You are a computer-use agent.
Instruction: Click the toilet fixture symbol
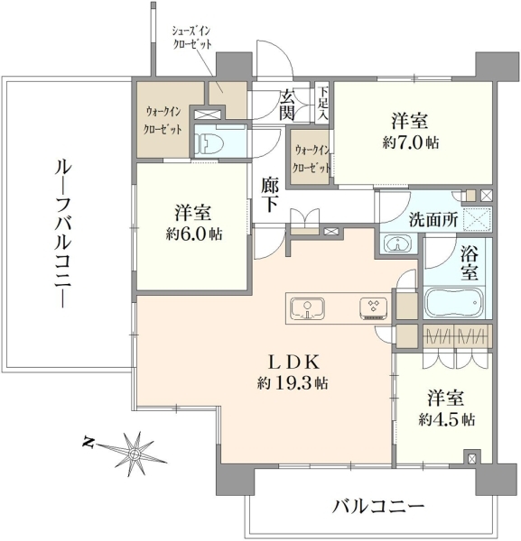pyautogui.click(x=206, y=142)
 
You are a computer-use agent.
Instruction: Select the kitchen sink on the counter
pyautogui.click(x=308, y=308)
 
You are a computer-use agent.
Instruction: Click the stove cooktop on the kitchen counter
pyautogui.click(x=374, y=307)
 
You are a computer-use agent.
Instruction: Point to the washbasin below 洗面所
pyautogui.click(x=398, y=244)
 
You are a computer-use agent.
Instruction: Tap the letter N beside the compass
pyautogui.click(x=89, y=442)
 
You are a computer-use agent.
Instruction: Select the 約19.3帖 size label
pyautogui.click(x=293, y=383)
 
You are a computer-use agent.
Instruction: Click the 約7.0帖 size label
pyautogui.click(x=411, y=142)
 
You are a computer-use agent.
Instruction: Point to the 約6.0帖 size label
pyautogui.click(x=193, y=234)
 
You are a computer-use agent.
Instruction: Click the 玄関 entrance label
pyautogui.click(x=287, y=105)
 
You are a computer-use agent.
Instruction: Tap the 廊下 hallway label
pyautogui.click(x=269, y=195)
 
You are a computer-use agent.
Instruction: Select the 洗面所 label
pyautogui.click(x=433, y=219)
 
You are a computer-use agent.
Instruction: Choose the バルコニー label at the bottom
pyautogui.click(x=378, y=507)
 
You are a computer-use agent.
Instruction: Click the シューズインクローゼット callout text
pyautogui.click(x=191, y=38)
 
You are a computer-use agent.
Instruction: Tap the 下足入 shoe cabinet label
pyautogui.click(x=323, y=103)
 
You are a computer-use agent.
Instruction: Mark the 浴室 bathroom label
pyautogui.click(x=470, y=264)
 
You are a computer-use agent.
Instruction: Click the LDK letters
pyautogui.click(x=293, y=362)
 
